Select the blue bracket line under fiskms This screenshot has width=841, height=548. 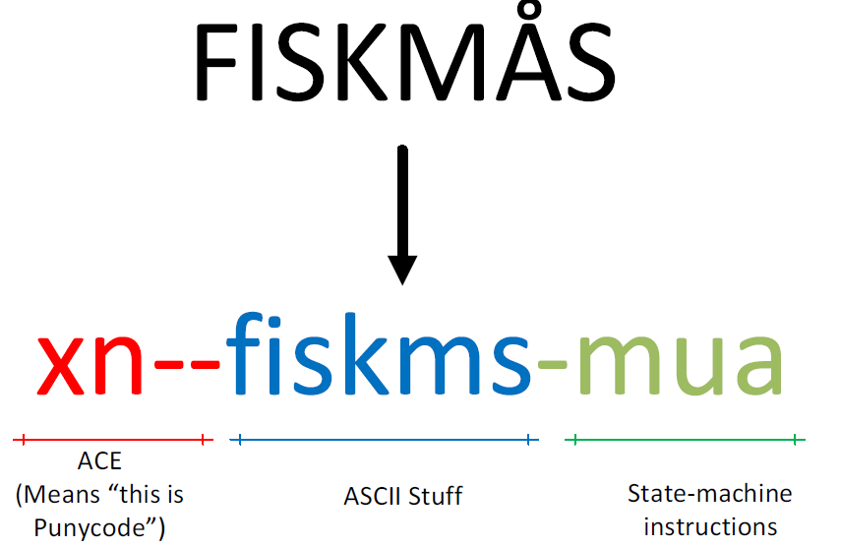[x=385, y=440]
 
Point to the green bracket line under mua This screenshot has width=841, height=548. [x=686, y=440]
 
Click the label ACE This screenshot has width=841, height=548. [x=99, y=461]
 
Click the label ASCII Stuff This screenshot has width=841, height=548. [x=403, y=495]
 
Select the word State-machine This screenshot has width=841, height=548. [x=710, y=493]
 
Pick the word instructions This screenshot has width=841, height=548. [x=711, y=526]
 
